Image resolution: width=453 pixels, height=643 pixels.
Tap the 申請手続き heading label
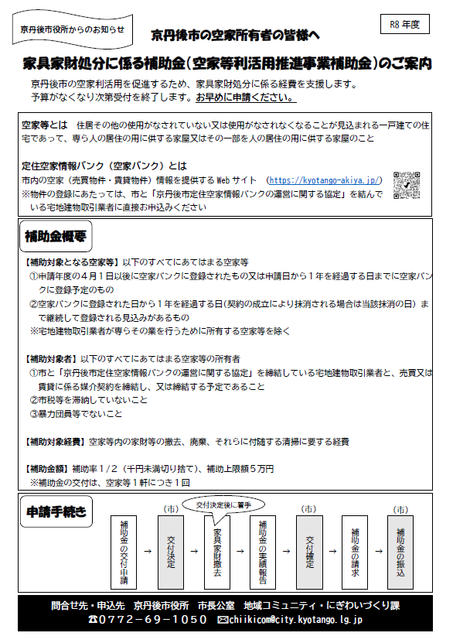point(56,511)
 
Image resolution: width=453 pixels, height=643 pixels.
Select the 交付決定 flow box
point(171,552)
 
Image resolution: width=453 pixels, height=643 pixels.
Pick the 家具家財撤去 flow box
point(217,552)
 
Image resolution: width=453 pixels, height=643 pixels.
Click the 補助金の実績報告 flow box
point(264,552)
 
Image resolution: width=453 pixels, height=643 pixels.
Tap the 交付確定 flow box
point(309,552)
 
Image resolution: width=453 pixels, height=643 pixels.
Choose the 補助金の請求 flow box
point(356,552)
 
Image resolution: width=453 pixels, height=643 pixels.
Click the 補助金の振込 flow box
point(400,552)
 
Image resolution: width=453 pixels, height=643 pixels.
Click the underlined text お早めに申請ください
point(245,98)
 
